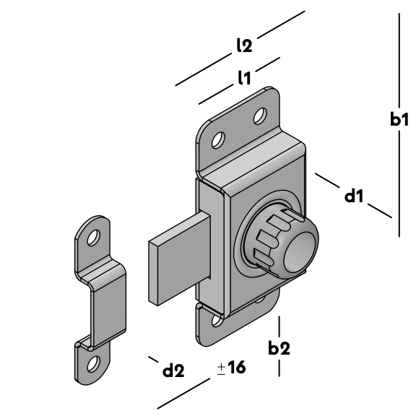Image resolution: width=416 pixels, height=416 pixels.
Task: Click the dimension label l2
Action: click(244, 45)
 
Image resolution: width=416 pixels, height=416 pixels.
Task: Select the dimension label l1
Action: click(244, 78)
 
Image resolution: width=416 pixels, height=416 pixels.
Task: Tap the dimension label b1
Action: click(399, 119)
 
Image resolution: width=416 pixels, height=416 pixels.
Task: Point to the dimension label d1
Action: click(354, 196)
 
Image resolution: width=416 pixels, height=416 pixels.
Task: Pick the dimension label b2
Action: click(279, 348)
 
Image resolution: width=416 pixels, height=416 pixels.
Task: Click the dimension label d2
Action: click(173, 370)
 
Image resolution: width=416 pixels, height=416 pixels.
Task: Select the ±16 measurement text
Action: click(231, 368)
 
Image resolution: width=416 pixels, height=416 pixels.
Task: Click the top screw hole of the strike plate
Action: click(93, 238)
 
